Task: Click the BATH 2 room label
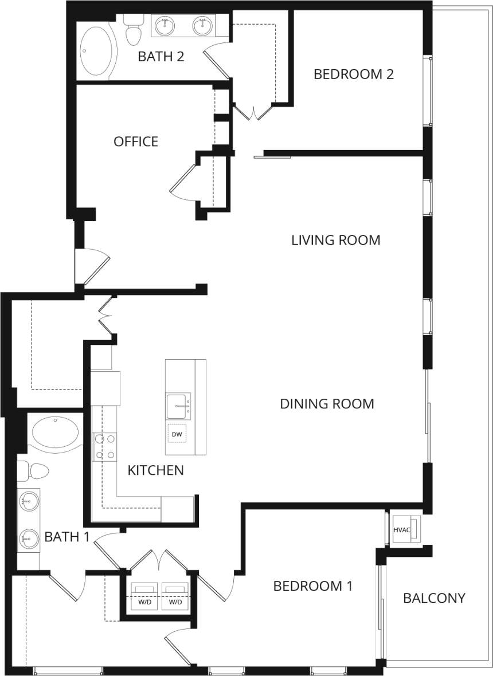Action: pos(161,56)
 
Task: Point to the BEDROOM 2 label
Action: pos(354,74)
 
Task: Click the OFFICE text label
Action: pos(136,142)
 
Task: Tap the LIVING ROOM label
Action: pos(335,239)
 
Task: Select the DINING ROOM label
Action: pos(327,403)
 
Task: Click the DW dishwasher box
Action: pos(177,435)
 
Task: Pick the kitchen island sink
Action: pos(178,406)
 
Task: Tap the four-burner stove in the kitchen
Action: pos(104,447)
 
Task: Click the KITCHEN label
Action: pos(155,470)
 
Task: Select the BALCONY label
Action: pos(434,598)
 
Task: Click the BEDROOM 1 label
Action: pos(312,586)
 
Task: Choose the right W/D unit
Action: pos(175,596)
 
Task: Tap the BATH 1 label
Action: pos(66,537)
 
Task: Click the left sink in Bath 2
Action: pos(166,26)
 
